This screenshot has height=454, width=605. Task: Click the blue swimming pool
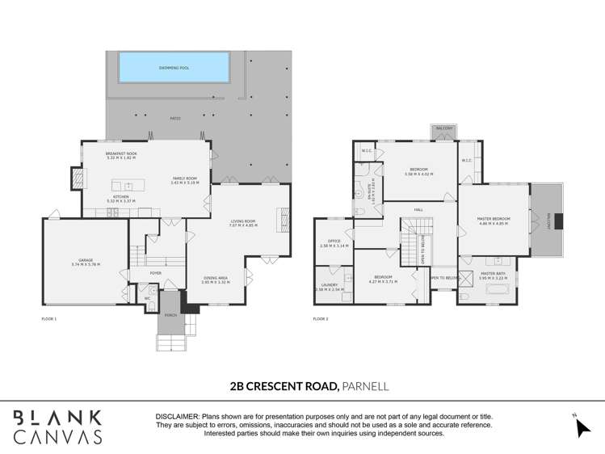pos(174,67)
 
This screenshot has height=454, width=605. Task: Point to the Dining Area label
pos(216,280)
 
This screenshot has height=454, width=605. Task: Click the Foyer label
pos(156,272)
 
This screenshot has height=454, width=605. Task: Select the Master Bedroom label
pos(494,220)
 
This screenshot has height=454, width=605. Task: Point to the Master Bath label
pos(494,273)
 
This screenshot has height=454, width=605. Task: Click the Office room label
pos(334,242)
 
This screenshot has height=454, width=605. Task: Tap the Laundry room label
pos(330,284)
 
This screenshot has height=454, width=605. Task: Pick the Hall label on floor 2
pos(418,210)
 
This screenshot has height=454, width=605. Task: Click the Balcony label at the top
pos(444,128)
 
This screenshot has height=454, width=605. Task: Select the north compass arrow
pos(582,426)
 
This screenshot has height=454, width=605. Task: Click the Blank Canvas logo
pos(58,426)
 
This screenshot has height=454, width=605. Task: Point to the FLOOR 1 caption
pos(49,319)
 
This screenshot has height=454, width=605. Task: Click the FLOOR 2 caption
pos(321,319)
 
